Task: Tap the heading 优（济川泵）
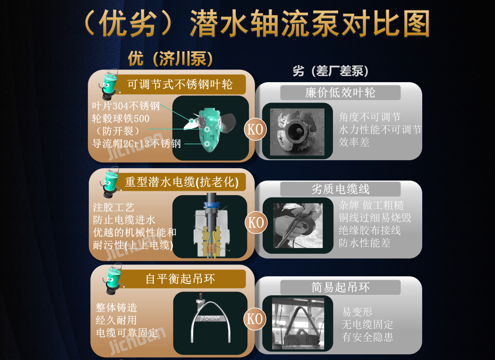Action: pyautogui.click(x=170, y=59)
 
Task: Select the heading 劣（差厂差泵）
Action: pyautogui.click(x=331, y=71)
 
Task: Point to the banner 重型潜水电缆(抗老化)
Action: pyautogui.click(x=181, y=182)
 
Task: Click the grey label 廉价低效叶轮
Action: pyautogui.click(x=340, y=93)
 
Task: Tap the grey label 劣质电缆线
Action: pyautogui.click(x=340, y=189)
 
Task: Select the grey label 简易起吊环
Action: pyautogui.click(x=340, y=287)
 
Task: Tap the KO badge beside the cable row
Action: pyautogui.click(x=256, y=223)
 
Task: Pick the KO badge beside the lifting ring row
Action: pyautogui.click(x=256, y=319)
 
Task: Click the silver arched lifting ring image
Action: pyautogui.click(x=210, y=321)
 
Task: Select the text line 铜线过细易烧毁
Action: pyautogui.click(x=375, y=218)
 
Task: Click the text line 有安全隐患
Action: pyautogui.click(x=367, y=337)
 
